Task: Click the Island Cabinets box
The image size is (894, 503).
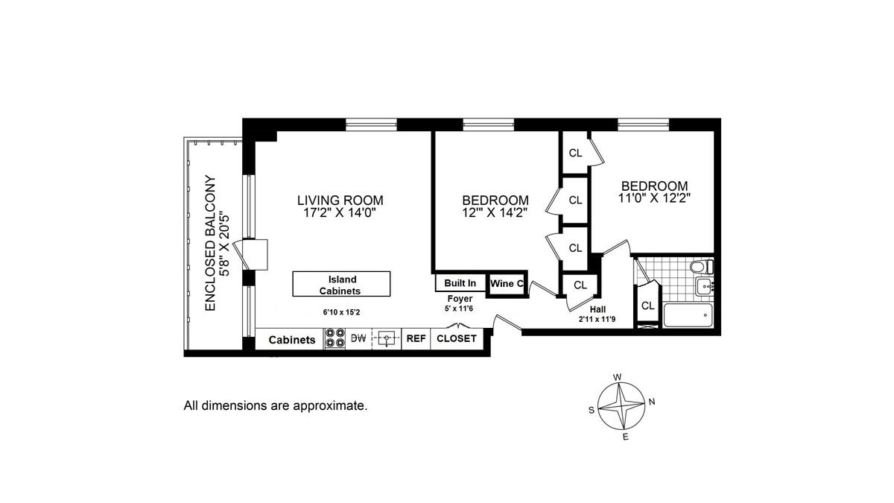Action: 341,284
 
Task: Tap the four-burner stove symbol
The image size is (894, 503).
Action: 335,338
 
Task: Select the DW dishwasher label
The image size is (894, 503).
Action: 358,338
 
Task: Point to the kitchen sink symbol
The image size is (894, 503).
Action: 387,338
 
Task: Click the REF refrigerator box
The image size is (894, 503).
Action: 416,338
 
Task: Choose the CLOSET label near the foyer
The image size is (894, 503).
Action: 457,338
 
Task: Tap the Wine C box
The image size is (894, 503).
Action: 507,284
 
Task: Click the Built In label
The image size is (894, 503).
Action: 460,283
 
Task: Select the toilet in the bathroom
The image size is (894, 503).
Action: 702,266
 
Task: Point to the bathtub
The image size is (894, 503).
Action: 688,315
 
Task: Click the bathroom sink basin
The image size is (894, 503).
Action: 706,287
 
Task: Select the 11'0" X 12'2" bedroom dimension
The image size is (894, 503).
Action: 655,198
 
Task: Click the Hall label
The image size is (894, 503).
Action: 597,309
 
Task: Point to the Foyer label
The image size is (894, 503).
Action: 460,299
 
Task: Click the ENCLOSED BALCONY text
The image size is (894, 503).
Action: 210,243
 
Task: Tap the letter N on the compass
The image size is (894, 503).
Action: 652,402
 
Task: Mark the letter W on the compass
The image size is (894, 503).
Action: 617,377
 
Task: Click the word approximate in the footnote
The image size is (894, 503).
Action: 330,406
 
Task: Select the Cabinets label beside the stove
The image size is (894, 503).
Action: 292,340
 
